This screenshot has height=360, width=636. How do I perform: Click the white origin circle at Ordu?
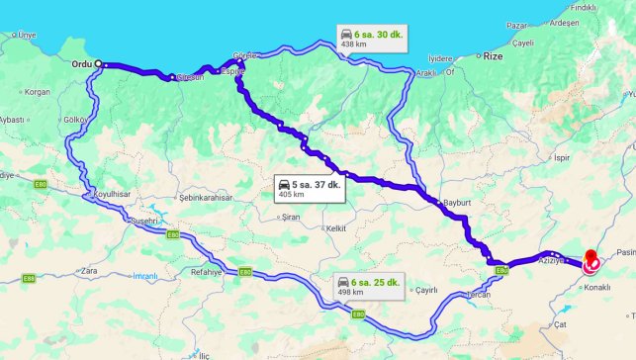click(x=99, y=63)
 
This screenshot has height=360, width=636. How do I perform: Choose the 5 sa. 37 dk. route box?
click(x=311, y=188)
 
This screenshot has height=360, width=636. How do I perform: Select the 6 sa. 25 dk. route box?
click(x=367, y=286)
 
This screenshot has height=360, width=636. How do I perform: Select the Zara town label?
click(x=90, y=269)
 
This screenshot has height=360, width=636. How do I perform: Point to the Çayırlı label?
click(x=425, y=289)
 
